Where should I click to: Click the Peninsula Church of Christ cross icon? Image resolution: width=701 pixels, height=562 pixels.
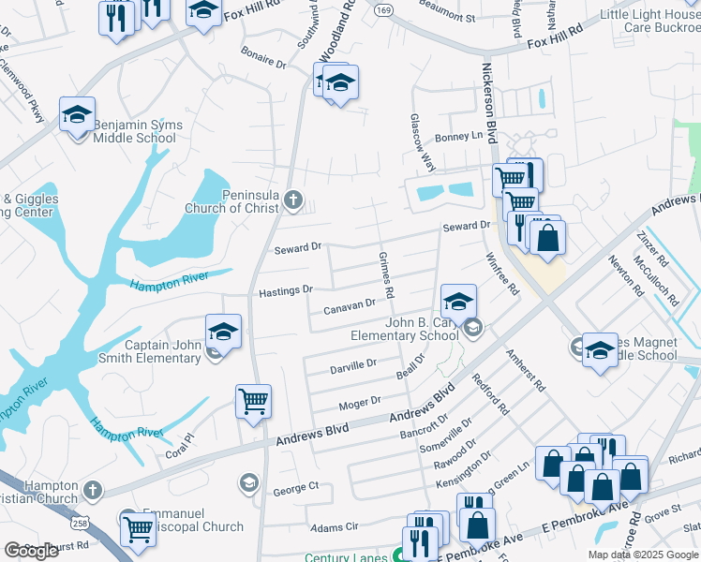pyautogui.click(x=293, y=200)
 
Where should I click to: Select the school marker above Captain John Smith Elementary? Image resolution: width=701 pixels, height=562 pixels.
pyautogui.click(x=223, y=332)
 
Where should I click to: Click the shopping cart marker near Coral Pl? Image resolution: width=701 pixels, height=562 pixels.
pyautogui.click(x=254, y=402)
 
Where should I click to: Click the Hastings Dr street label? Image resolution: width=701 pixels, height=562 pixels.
pyautogui.click(x=286, y=291)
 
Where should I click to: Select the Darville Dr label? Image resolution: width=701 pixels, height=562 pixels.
pyautogui.click(x=353, y=365)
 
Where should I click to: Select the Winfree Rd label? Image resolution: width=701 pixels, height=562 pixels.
pyautogui.click(x=501, y=274)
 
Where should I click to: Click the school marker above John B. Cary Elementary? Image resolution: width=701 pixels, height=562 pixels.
pyautogui.click(x=458, y=302)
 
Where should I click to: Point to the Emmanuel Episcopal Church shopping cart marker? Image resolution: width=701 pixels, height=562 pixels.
pyautogui.click(x=139, y=528)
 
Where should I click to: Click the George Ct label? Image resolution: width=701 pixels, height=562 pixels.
pyautogui.click(x=296, y=488)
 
